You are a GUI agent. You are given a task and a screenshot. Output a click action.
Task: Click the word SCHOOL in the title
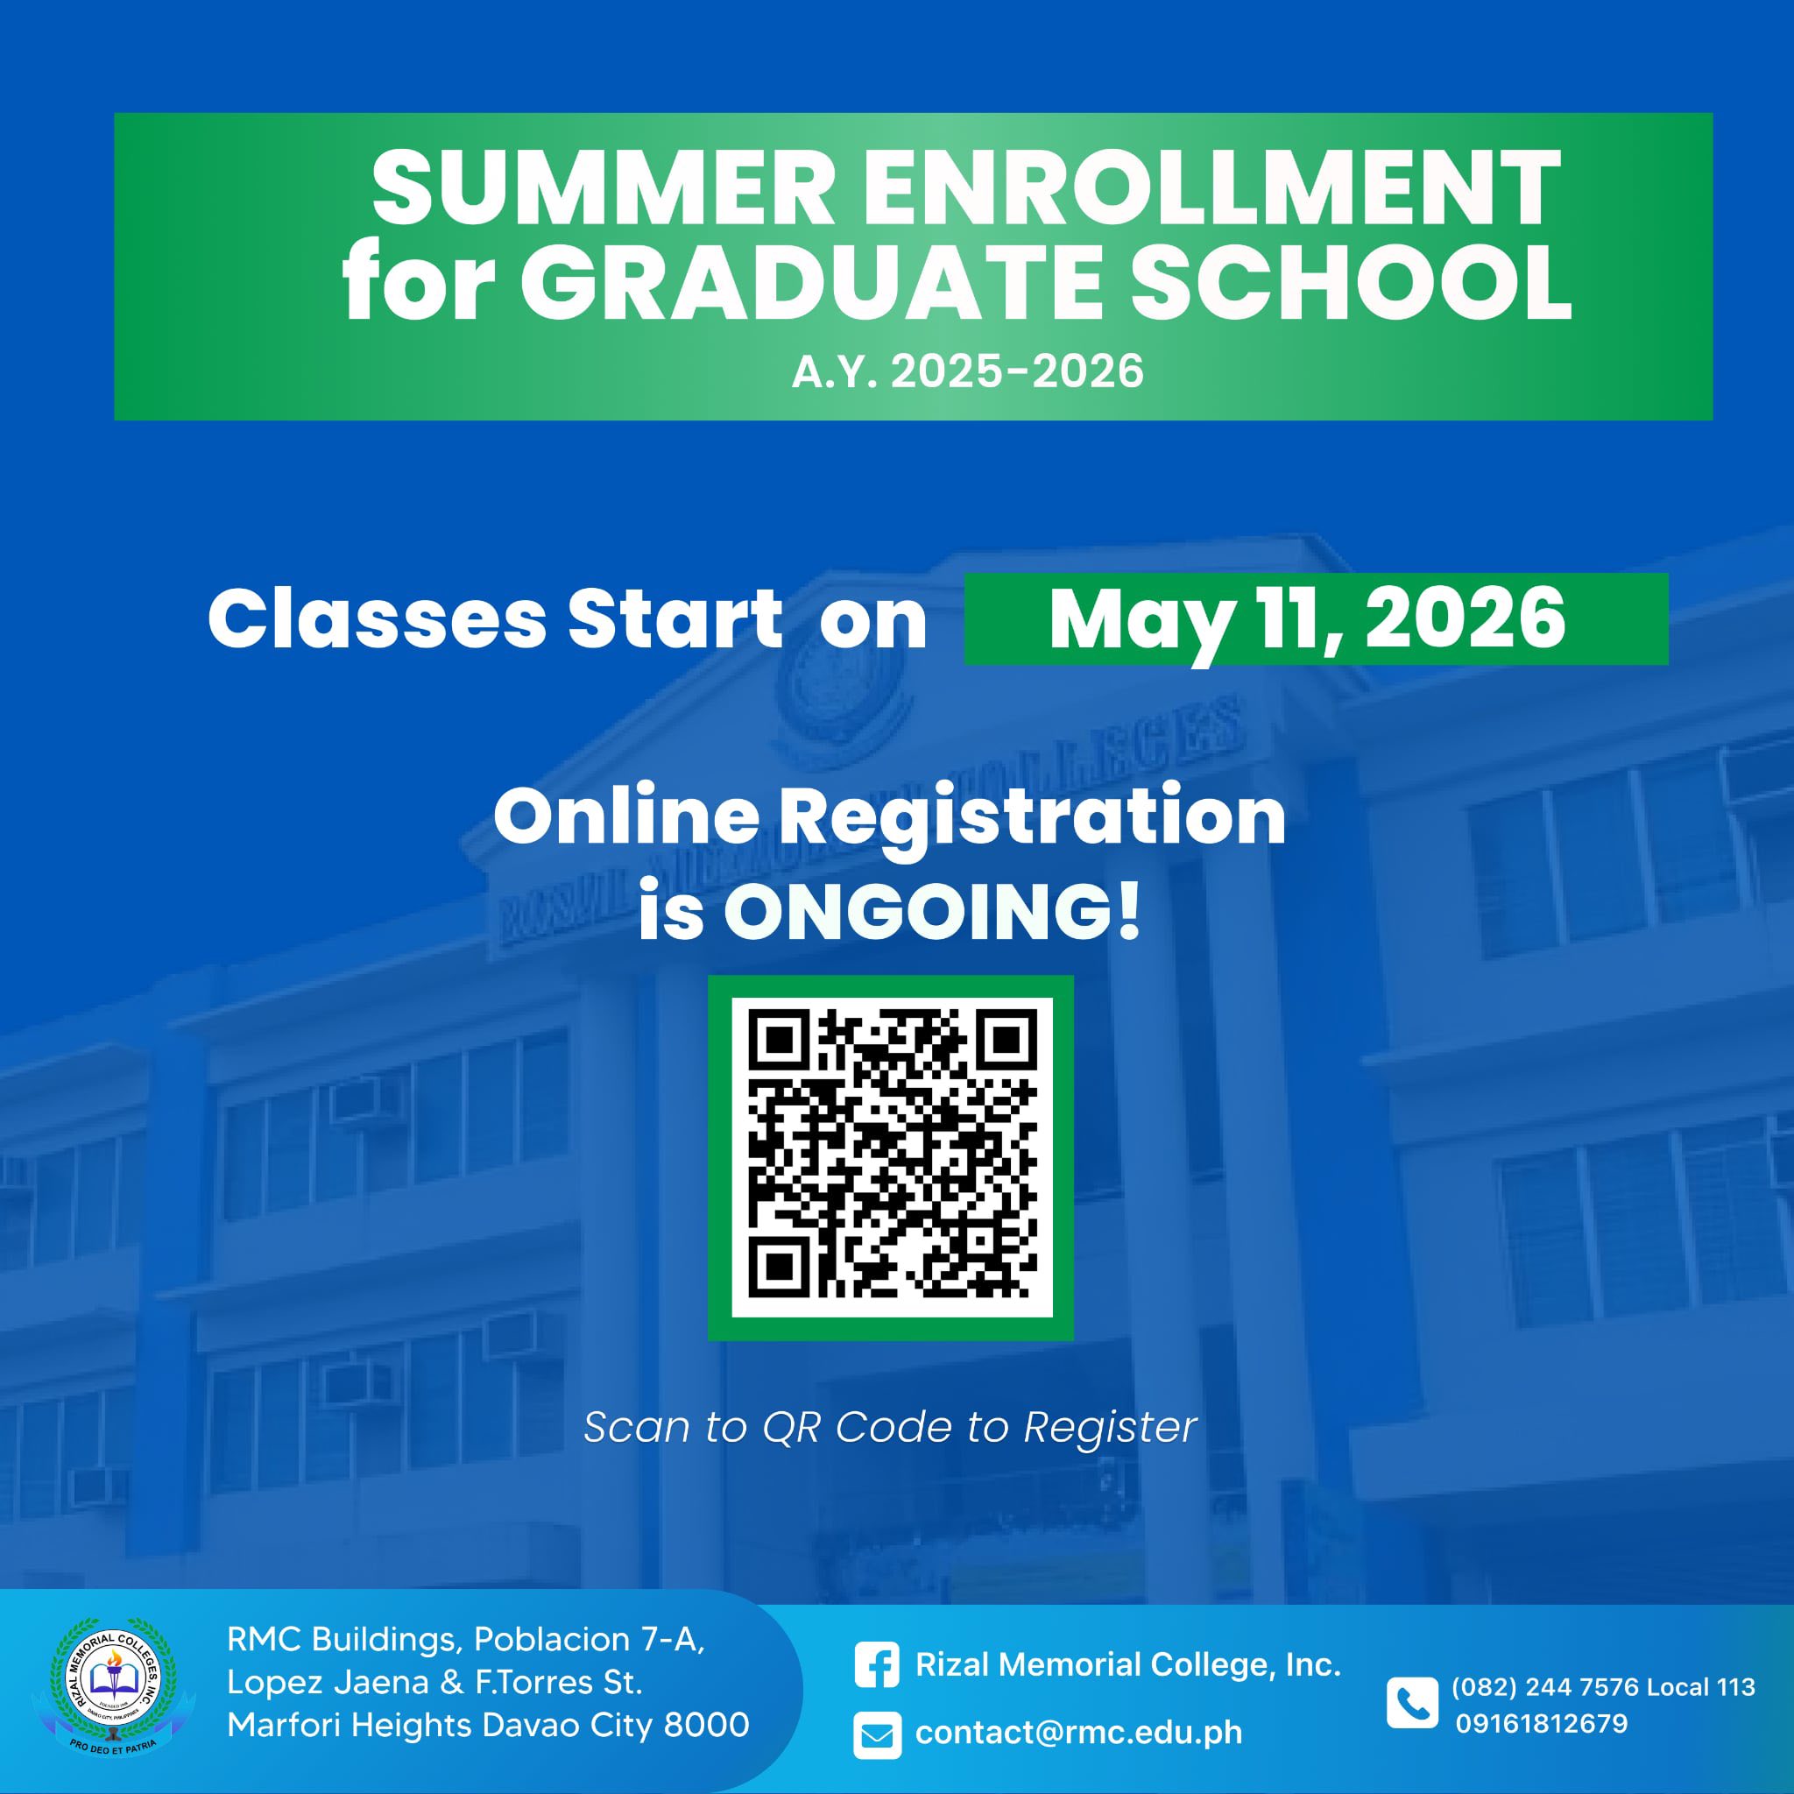[x=1351, y=281]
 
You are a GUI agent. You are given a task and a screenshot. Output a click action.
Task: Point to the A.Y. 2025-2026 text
[x=968, y=371]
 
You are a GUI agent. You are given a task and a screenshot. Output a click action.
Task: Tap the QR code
[x=893, y=1157]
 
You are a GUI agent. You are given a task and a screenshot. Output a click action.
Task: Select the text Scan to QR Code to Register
[x=890, y=1427]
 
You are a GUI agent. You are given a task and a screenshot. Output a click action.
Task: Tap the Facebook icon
[x=877, y=1666]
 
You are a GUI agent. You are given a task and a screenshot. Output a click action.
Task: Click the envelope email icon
[x=877, y=1734]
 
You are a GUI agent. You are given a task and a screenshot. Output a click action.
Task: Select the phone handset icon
[x=1411, y=1704]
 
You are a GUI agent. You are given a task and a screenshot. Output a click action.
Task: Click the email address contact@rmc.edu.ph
[x=1078, y=1733]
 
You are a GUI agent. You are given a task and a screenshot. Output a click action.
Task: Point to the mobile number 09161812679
[x=1542, y=1724]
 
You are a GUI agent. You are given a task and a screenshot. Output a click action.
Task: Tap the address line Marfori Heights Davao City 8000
[x=489, y=1724]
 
